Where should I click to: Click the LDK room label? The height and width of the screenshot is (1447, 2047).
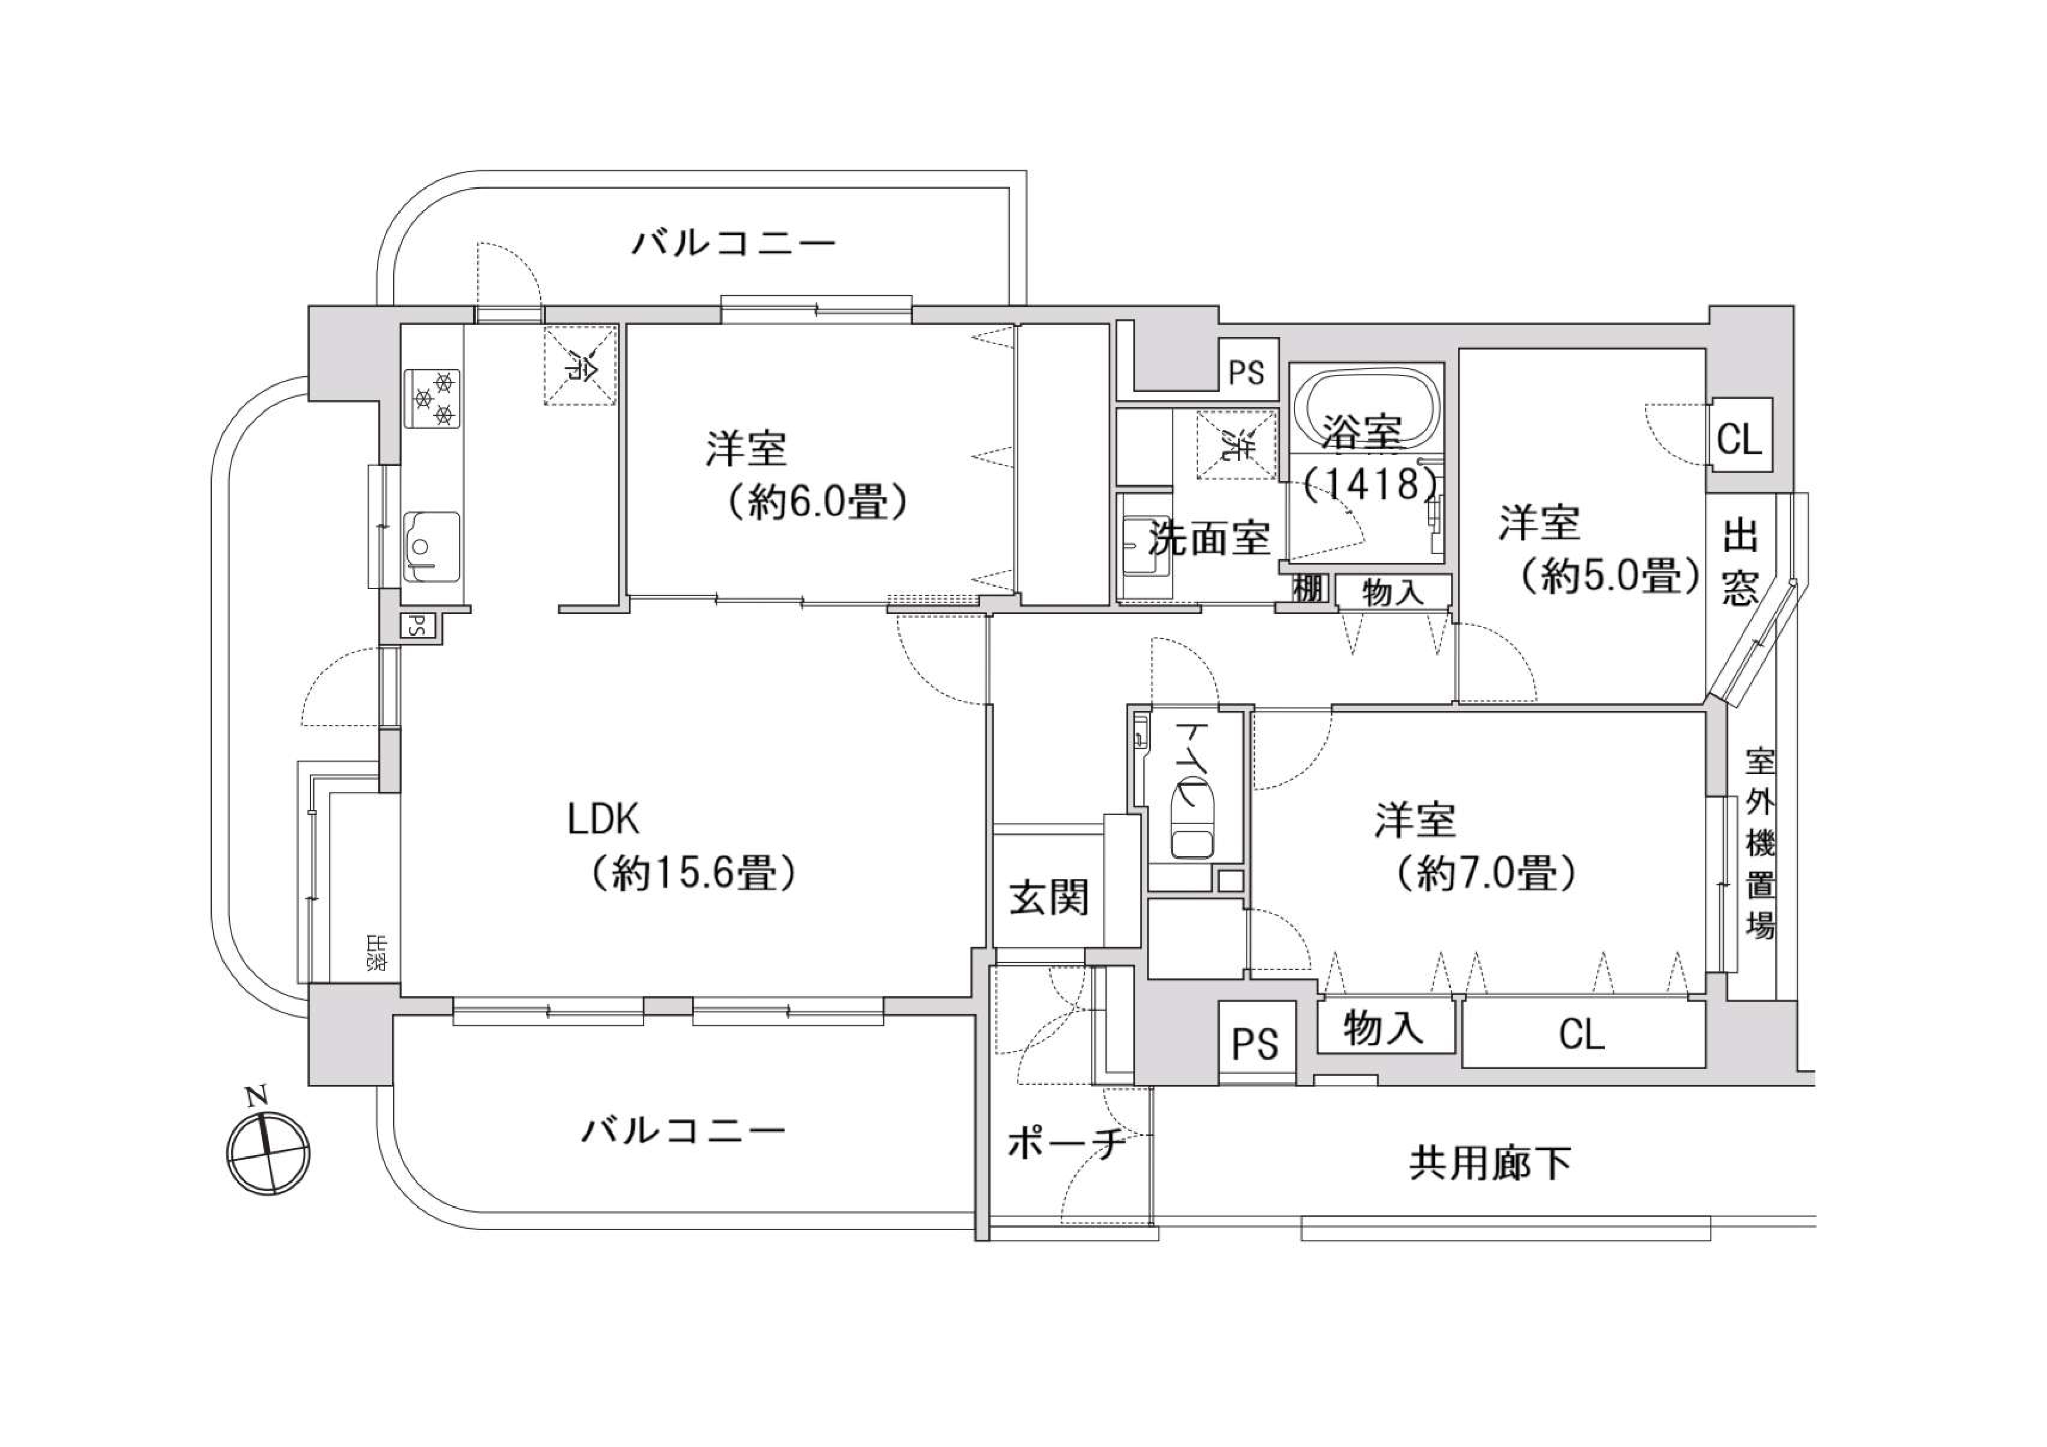(604, 818)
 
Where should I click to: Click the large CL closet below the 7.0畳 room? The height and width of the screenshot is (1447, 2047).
(1581, 1034)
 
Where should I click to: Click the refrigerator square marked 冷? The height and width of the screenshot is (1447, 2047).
(580, 366)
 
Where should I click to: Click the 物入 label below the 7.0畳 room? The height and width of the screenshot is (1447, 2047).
(1384, 1028)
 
